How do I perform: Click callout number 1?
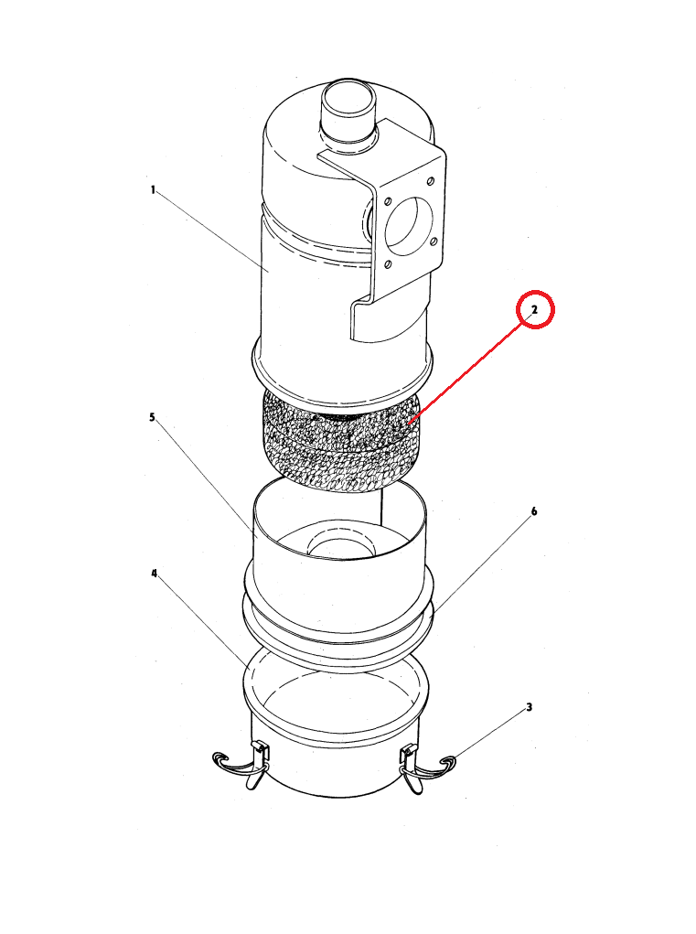[x=153, y=190]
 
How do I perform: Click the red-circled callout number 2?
[x=535, y=310]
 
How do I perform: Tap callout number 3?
[x=530, y=707]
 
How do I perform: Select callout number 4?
[x=155, y=574]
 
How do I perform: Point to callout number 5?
[x=153, y=417]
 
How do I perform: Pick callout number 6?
[x=534, y=511]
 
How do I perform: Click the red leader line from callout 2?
[x=468, y=370]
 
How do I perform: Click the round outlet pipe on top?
[x=348, y=110]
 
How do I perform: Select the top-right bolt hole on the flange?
[x=431, y=181]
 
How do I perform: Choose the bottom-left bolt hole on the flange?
[x=388, y=263]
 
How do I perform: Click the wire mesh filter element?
[x=339, y=442]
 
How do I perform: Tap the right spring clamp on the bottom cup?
[x=425, y=768]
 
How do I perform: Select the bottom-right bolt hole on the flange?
[x=434, y=242]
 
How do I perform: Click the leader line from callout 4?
[x=203, y=622]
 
